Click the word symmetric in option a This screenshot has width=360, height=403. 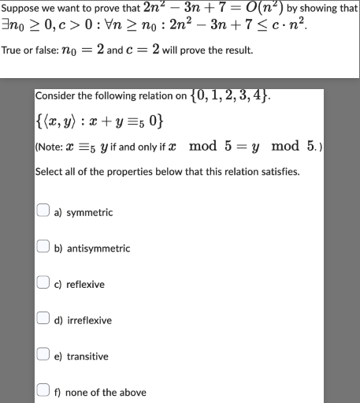pos(89,213)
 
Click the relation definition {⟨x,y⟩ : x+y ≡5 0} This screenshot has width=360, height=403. pos(99,121)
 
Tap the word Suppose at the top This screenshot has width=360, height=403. pos(21,8)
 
